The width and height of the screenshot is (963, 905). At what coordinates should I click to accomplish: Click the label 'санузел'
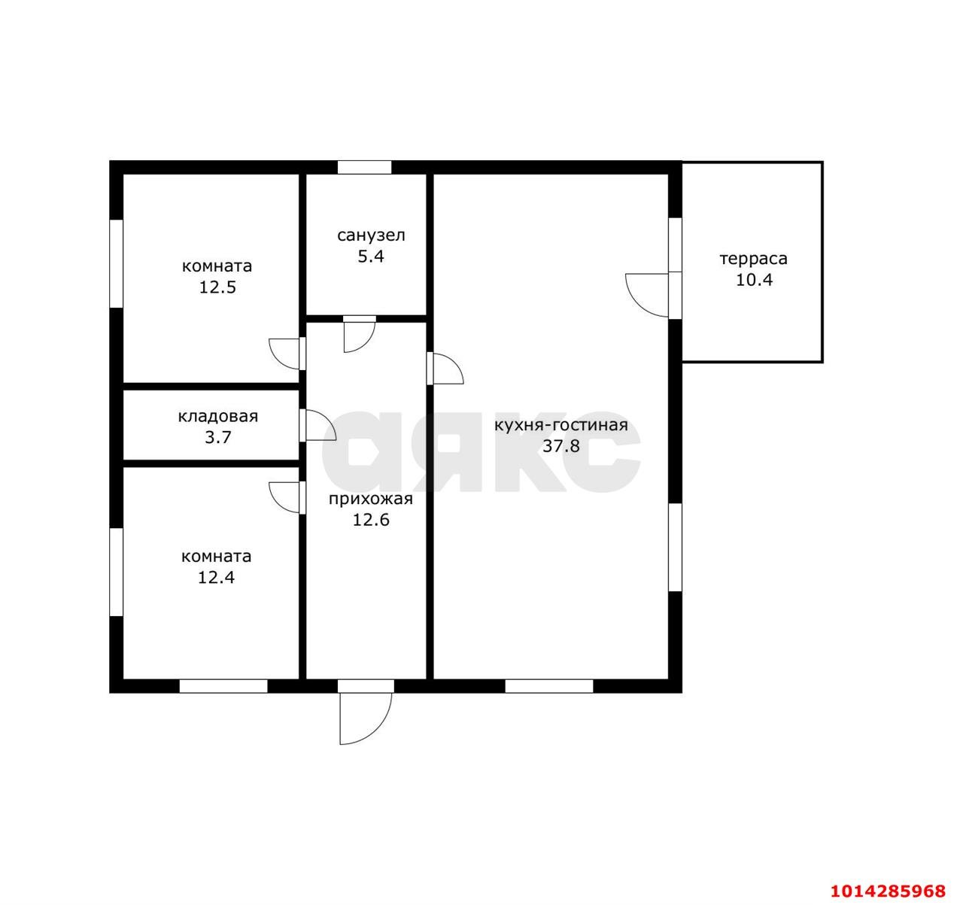pyautogui.click(x=371, y=235)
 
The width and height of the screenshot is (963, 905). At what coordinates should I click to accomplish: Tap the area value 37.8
pyautogui.click(x=561, y=446)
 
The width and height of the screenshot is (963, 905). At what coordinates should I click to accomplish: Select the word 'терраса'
pyautogui.click(x=754, y=260)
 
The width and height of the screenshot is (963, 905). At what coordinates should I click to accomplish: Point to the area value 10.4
pyautogui.click(x=755, y=281)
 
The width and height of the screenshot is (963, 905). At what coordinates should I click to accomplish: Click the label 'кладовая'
pyautogui.click(x=218, y=417)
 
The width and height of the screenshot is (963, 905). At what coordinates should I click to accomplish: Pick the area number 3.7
pyautogui.click(x=218, y=438)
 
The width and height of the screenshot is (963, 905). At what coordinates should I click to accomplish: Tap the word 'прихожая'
pyautogui.click(x=371, y=499)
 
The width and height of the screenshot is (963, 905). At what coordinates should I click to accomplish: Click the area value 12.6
pyautogui.click(x=371, y=521)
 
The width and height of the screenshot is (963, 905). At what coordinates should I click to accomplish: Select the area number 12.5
pyautogui.click(x=217, y=287)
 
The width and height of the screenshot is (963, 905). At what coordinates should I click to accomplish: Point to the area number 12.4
pyautogui.click(x=216, y=578)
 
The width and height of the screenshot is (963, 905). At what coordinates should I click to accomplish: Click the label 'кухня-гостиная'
pyautogui.click(x=561, y=425)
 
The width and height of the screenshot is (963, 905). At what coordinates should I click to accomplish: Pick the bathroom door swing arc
pyautogui.click(x=366, y=343)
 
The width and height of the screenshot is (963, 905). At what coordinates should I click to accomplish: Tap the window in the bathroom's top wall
pyautogui.click(x=365, y=167)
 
